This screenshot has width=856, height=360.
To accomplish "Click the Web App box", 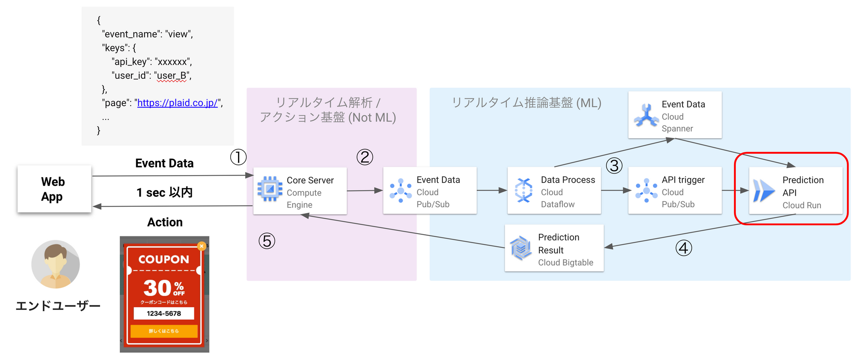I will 54,189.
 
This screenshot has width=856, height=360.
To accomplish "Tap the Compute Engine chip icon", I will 270,189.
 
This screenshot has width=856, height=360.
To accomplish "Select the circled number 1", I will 238,157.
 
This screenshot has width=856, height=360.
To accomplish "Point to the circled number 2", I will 365,157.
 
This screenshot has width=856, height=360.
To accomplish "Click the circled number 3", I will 614,166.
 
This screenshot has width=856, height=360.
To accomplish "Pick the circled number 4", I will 684,248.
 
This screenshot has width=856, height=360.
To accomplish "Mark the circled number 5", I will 267,241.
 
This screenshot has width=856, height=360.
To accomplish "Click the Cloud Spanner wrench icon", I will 646,116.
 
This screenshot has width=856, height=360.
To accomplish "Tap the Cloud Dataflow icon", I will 523,190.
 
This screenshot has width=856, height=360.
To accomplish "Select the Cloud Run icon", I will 764,190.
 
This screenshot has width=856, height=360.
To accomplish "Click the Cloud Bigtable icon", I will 521,248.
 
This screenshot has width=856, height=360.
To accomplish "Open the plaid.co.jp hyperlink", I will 177,103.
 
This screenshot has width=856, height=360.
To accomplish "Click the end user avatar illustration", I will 56,264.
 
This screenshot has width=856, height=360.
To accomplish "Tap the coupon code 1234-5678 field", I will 164,313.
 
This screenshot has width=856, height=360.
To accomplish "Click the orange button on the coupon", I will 164,331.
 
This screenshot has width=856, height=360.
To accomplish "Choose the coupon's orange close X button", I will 202,246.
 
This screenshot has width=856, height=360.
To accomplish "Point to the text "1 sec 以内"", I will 164,193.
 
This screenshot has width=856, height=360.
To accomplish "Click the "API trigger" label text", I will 683,180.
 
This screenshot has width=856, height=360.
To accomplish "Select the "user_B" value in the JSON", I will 172,75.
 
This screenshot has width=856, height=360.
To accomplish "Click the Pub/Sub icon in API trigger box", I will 646,190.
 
